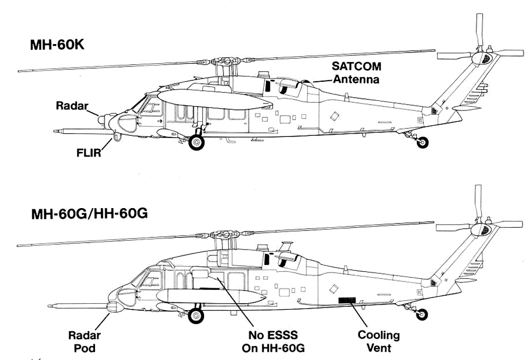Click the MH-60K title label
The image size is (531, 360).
[x=57, y=45]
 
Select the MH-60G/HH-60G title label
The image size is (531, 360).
[x=89, y=213]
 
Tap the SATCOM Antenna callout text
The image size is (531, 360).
[x=356, y=72]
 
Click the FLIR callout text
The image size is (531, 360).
[x=89, y=153]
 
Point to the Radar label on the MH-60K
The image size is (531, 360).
[x=72, y=105]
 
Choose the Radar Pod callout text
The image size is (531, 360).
[x=84, y=342]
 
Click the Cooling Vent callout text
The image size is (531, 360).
[x=379, y=341]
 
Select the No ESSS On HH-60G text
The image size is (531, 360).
[x=273, y=342]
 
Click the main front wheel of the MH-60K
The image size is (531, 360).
[x=196, y=142]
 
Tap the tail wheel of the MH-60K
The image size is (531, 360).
[x=422, y=142]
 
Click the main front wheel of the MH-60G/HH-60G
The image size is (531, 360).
[x=196, y=316]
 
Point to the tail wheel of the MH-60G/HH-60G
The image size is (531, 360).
[x=422, y=315]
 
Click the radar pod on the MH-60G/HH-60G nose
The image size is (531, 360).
[x=115, y=307]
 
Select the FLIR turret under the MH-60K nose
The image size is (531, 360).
[x=117, y=137]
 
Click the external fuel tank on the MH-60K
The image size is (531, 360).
[x=216, y=99]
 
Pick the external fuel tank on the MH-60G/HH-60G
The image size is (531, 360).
[x=211, y=296]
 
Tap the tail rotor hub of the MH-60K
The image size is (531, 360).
[x=483, y=58]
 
